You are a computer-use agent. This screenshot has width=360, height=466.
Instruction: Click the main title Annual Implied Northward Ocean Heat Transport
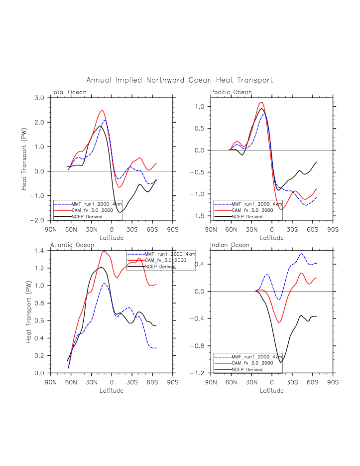[180, 80]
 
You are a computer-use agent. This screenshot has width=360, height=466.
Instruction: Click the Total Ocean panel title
[68, 92]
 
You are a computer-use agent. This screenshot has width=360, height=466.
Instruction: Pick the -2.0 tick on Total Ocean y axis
[38, 220]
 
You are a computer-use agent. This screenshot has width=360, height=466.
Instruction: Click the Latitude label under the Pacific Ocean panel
[271, 238]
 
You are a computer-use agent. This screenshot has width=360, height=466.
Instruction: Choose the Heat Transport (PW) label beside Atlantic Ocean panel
[29, 311]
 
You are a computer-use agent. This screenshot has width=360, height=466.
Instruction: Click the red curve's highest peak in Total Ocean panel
[102, 111]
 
